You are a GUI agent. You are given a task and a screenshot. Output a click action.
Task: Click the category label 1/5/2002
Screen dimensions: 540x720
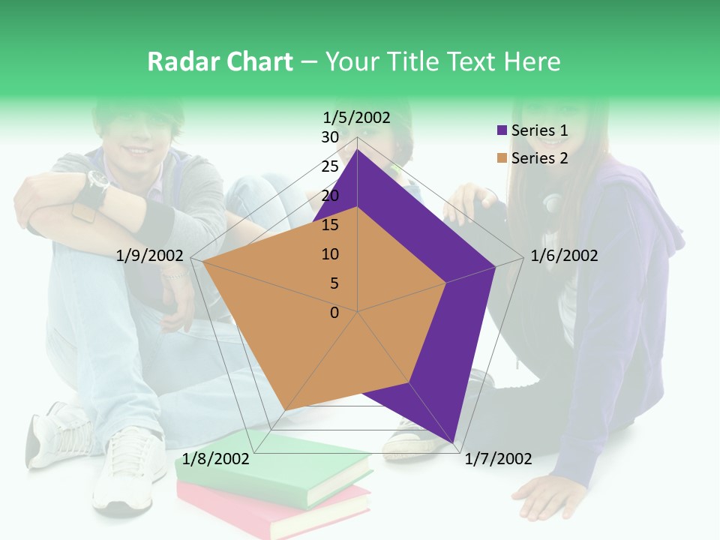click(x=356, y=117)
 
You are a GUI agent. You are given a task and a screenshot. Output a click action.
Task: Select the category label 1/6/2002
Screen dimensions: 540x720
click(x=564, y=256)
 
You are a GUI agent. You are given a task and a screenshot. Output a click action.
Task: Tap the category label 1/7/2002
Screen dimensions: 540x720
click(x=498, y=459)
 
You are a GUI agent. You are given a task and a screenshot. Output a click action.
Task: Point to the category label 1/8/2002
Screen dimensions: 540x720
click(x=216, y=459)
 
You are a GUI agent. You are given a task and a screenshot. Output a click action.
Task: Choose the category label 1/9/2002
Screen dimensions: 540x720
click(x=150, y=256)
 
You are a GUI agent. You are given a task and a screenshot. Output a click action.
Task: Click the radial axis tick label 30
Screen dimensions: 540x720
click(x=330, y=137)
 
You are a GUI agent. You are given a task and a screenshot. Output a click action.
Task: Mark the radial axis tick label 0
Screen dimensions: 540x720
click(x=334, y=313)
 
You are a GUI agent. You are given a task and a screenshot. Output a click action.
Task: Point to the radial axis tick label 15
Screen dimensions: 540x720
click(x=330, y=225)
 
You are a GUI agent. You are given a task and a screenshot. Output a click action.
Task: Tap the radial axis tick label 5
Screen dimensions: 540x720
click(x=334, y=283)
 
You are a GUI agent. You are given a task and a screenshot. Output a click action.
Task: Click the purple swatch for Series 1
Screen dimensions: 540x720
click(x=502, y=130)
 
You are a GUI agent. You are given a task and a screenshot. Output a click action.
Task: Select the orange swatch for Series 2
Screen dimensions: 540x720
click(x=502, y=158)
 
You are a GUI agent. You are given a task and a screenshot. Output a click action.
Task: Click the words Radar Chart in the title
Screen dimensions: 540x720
click(x=220, y=61)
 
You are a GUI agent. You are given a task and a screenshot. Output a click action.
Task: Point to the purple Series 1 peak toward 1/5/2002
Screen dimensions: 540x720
click(x=357, y=150)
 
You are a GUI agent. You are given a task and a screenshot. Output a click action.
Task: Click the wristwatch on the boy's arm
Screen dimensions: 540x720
click(x=97, y=181)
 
